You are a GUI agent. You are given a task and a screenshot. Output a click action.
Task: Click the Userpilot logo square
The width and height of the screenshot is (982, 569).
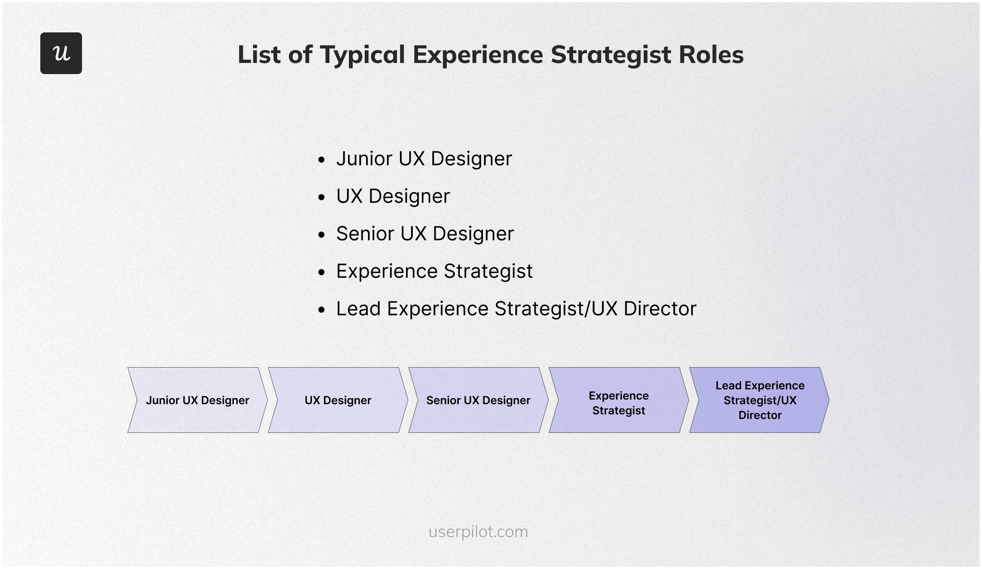pos(61,53)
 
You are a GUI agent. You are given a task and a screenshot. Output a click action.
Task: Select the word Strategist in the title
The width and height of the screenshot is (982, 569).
pos(611,55)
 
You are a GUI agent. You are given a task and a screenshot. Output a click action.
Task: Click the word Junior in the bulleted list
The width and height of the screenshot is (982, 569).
pos(364,159)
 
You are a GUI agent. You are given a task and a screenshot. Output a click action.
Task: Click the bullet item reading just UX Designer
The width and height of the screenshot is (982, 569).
pos(393,196)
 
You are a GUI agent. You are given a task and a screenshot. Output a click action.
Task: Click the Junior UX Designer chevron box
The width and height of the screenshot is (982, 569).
pos(197,400)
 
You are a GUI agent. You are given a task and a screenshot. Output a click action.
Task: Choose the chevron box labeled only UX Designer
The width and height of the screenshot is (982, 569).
pos(338,400)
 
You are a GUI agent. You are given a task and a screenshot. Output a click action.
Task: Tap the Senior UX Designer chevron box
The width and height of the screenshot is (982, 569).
pos(478,400)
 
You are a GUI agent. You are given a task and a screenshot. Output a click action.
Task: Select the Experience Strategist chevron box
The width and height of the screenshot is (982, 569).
pos(619,400)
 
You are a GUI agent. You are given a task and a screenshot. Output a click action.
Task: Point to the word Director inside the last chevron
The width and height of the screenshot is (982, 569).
pos(760,415)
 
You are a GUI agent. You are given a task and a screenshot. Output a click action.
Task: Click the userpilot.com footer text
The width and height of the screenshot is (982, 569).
pos(478,531)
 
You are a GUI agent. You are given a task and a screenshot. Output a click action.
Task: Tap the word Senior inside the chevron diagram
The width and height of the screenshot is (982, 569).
pos(443,400)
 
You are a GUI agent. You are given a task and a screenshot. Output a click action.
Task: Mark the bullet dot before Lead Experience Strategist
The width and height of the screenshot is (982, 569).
pos(322,310)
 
